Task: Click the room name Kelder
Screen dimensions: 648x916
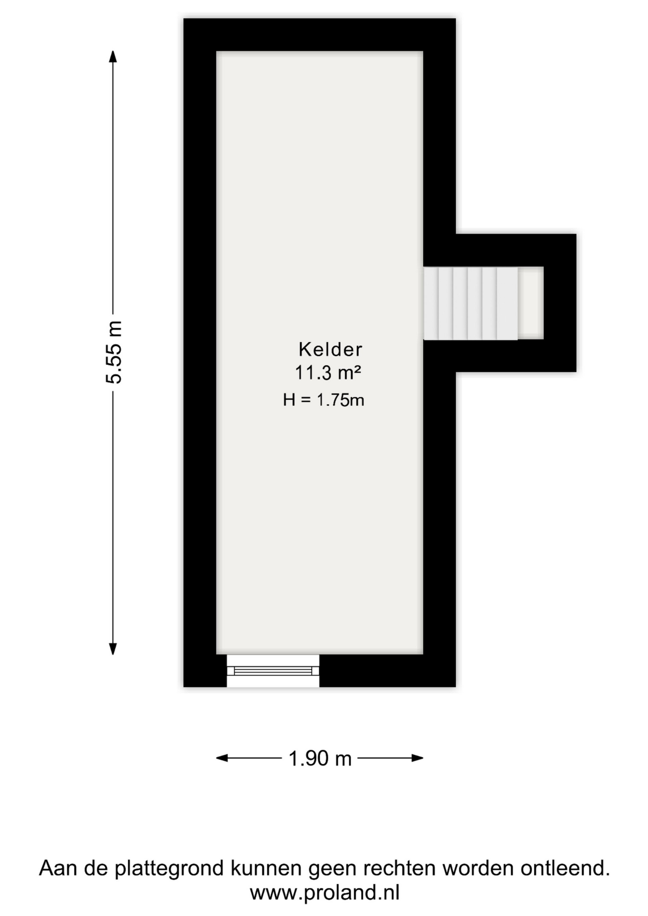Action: tap(330, 350)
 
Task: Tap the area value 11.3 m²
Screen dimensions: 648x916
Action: tap(328, 373)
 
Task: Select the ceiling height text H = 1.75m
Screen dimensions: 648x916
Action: tap(324, 400)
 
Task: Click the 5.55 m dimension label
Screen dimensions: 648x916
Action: tap(114, 352)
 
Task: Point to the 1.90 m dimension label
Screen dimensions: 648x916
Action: tap(320, 758)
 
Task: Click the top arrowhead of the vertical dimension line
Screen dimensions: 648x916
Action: tap(113, 56)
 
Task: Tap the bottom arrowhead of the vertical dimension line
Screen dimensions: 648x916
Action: tap(113, 649)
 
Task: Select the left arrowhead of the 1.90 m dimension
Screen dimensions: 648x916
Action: tap(222, 758)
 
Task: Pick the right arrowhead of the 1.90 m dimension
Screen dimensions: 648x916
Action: tap(417, 758)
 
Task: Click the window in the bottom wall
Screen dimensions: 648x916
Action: tap(273, 671)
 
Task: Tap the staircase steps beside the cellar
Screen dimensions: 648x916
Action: tap(470, 303)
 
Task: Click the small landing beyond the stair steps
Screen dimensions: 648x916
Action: tap(531, 303)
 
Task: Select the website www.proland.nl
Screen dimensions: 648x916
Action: tap(324, 892)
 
